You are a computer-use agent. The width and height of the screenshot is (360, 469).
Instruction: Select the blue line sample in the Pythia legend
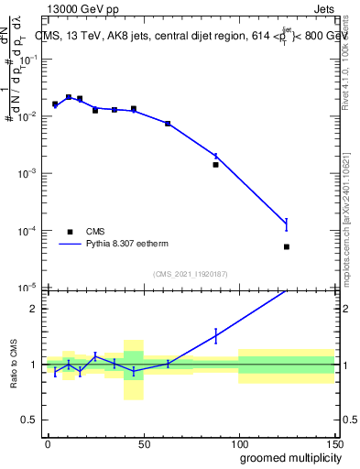(x=70, y=245)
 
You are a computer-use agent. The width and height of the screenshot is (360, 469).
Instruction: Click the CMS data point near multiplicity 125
(x=287, y=246)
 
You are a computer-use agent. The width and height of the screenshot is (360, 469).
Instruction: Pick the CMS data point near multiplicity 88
(x=215, y=165)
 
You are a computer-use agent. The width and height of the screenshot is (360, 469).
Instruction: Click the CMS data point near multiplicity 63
(x=168, y=124)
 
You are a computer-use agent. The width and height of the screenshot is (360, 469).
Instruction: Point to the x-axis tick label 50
(x=142, y=443)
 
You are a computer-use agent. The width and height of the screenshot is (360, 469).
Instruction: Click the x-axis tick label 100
(x=237, y=443)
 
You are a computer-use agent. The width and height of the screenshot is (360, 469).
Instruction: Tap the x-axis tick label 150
(x=333, y=443)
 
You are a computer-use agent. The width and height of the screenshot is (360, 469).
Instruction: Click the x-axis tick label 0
(x=48, y=443)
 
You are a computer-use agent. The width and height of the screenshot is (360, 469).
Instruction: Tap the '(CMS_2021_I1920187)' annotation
(x=190, y=274)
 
